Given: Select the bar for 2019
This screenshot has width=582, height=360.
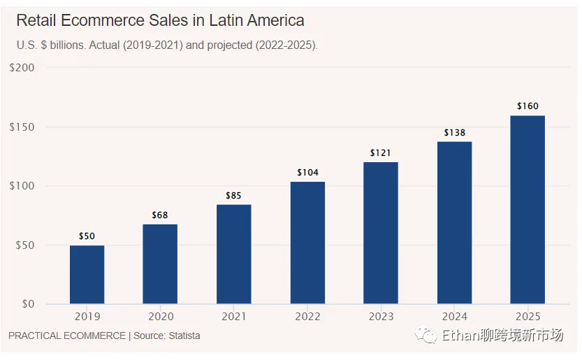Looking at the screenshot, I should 87,274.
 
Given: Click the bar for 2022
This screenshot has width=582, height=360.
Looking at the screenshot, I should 307,243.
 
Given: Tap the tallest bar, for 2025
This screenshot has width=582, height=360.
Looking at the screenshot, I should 528,210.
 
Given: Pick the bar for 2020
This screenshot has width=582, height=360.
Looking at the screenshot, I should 160,264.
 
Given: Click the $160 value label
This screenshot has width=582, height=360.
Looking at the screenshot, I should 528,106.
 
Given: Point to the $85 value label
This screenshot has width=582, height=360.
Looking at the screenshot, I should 233,196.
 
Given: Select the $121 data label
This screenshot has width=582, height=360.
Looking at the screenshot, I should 381,153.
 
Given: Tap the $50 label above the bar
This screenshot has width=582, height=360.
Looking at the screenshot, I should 87,236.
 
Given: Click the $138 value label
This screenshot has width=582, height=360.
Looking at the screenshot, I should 454,133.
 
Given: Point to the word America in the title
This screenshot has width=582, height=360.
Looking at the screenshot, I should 270,20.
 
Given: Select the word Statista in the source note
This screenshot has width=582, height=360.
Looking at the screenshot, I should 184,336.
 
